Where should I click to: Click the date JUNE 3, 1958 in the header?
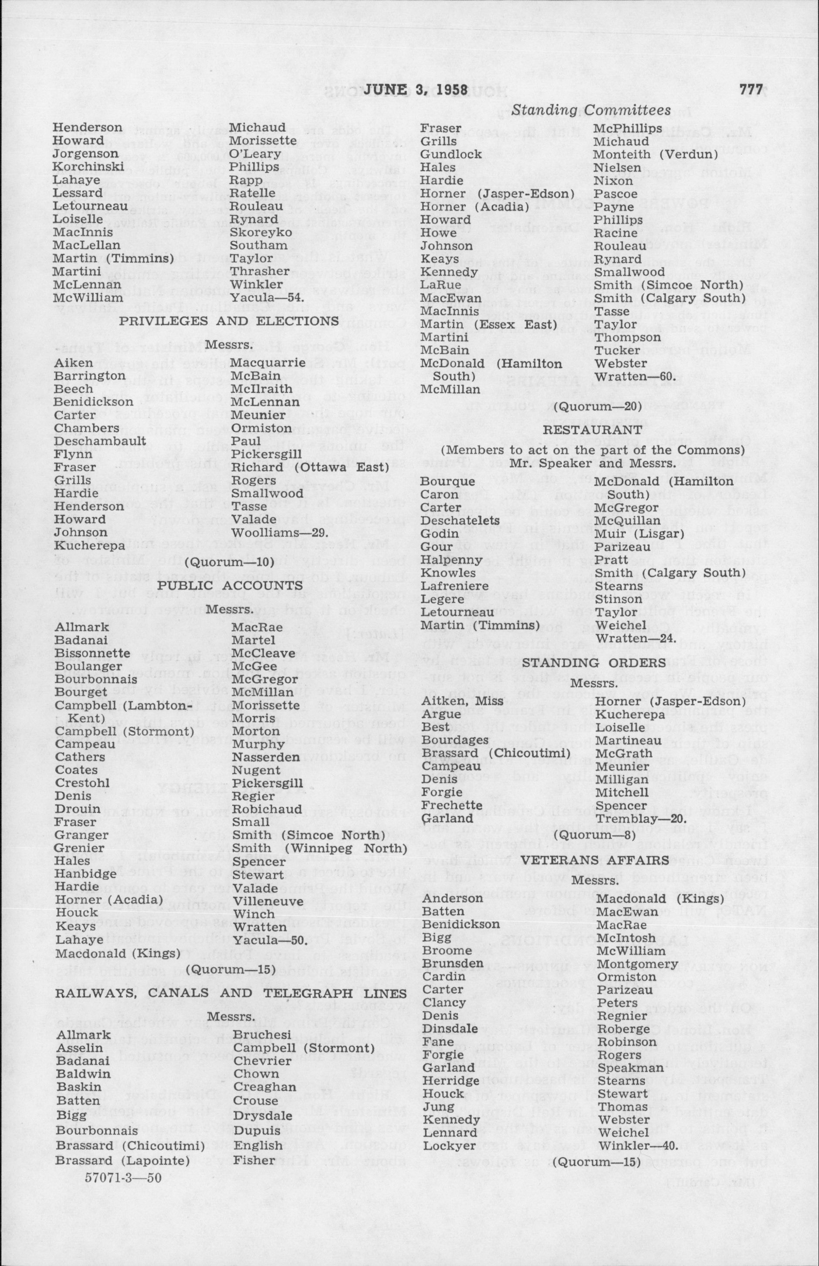point(415,91)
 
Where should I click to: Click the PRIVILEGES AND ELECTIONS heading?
point(229,321)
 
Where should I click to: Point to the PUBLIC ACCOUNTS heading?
point(230,585)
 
